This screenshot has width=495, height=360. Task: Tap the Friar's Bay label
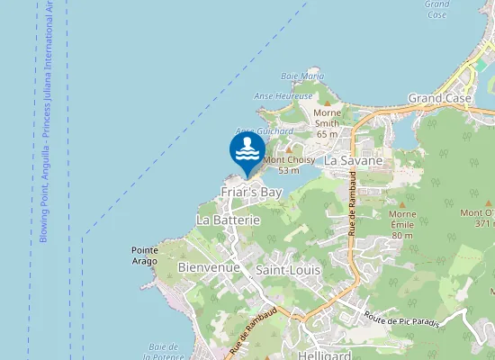coord(253,193)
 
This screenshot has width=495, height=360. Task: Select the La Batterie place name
coord(228,220)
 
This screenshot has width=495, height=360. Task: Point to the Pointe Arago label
coord(145,255)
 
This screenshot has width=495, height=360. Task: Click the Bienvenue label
coord(209,268)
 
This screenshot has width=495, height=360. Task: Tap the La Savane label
coord(354,160)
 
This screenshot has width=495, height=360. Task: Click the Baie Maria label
coord(302,76)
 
